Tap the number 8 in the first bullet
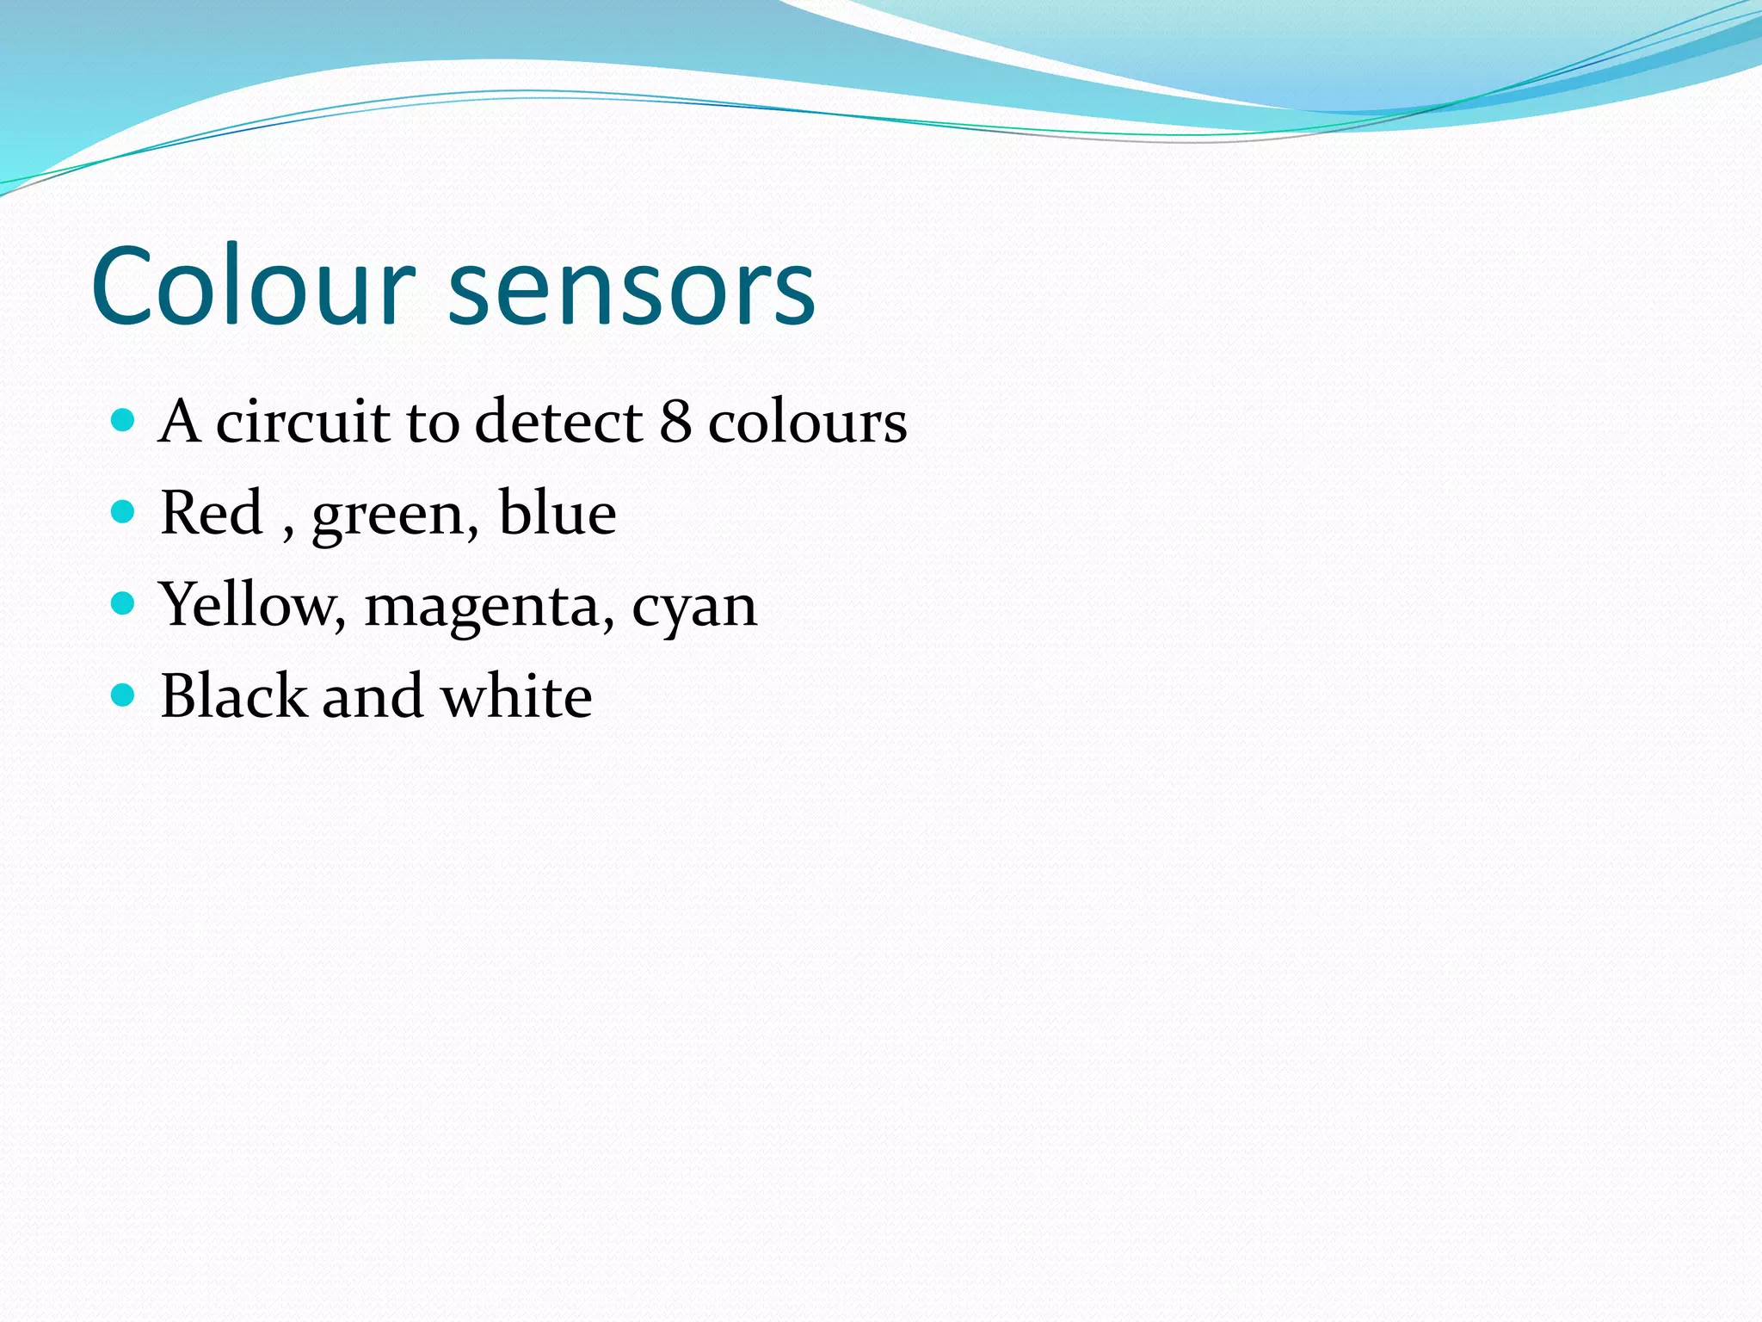pyautogui.click(x=675, y=422)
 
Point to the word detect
pyautogui.click(x=558, y=422)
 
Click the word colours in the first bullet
pyautogui.click(x=807, y=423)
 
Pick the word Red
pyautogui.click(x=211, y=513)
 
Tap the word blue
pyautogui.click(x=558, y=513)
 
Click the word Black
pyautogui.click(x=233, y=695)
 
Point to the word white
pyautogui.click(x=516, y=695)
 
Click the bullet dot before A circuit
pyautogui.click(x=124, y=420)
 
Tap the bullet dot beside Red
pyautogui.click(x=124, y=512)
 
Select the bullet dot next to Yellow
pyautogui.click(x=124, y=603)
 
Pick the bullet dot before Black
pyautogui.click(x=124, y=695)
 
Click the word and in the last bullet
pyautogui.click(x=373, y=696)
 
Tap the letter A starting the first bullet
pyautogui.click(x=180, y=422)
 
